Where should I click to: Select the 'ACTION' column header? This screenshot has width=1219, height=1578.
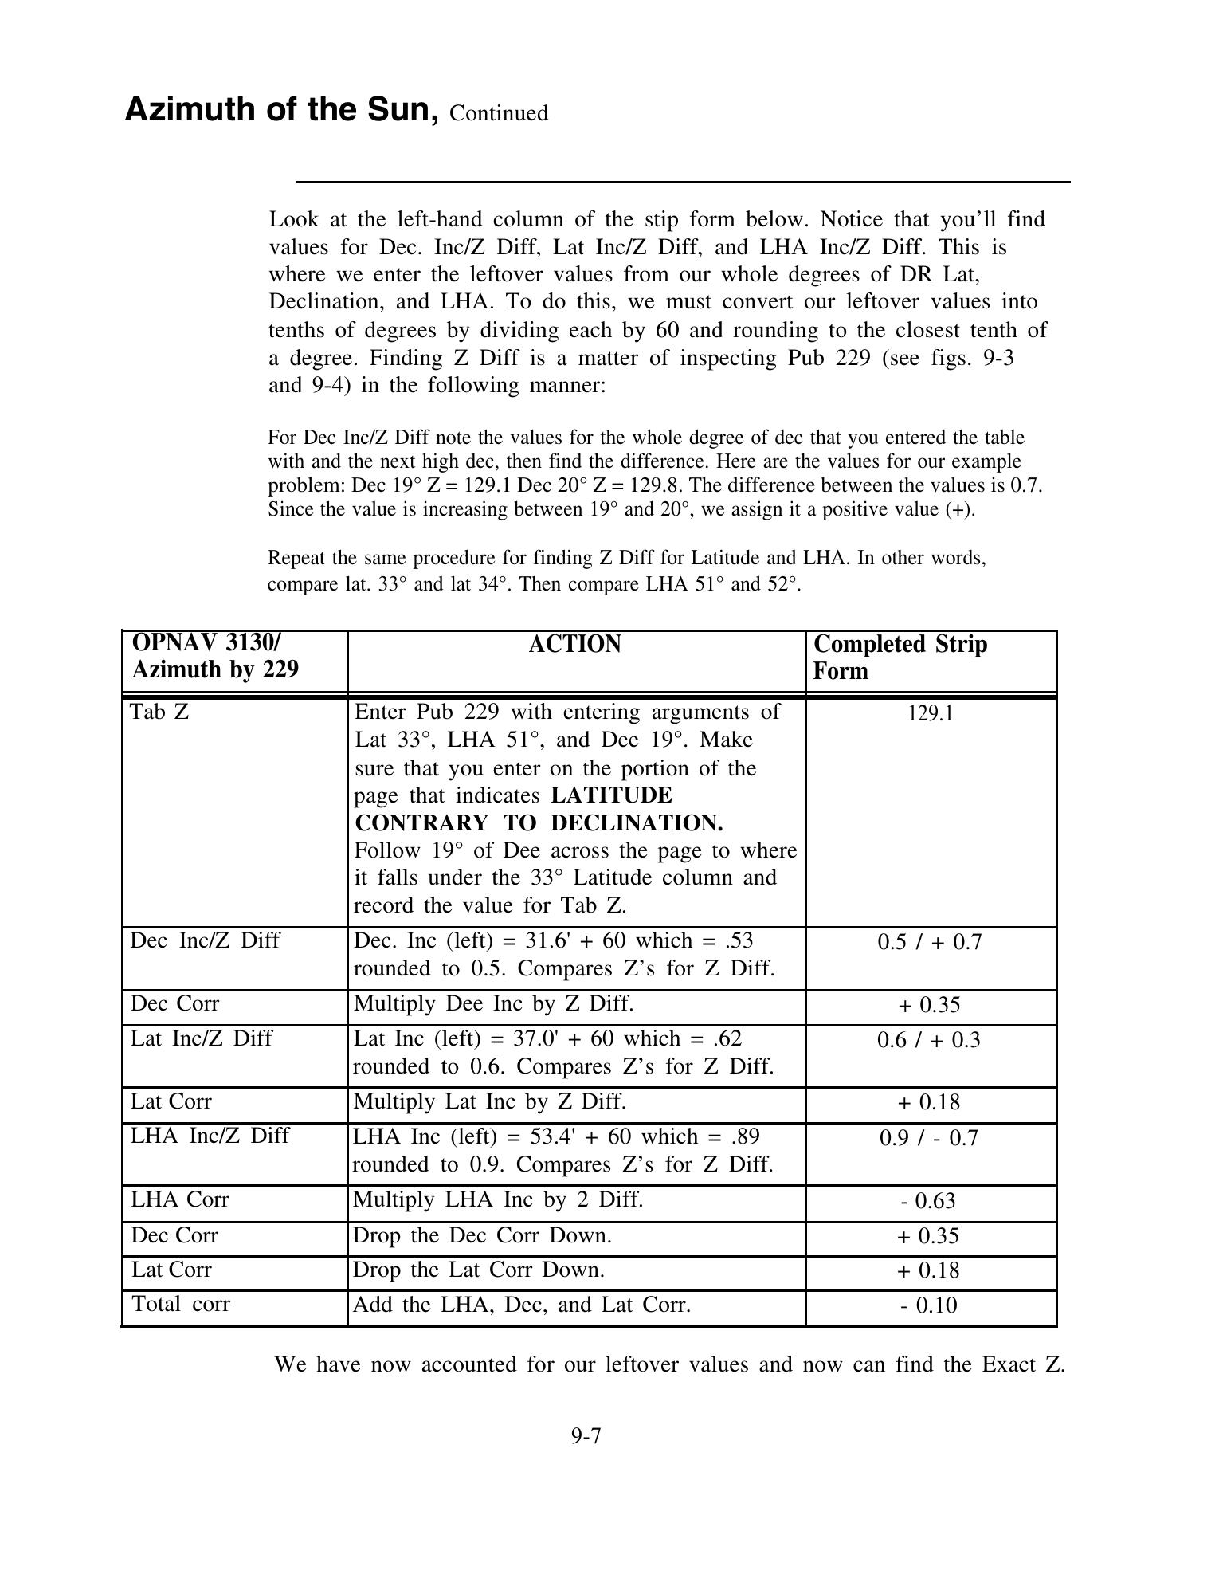(574, 644)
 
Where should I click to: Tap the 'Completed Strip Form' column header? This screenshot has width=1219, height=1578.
(900, 657)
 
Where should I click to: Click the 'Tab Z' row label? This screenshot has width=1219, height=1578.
(159, 711)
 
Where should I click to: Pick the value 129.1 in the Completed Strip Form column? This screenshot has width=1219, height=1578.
(930, 713)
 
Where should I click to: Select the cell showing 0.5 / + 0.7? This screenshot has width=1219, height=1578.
(929, 942)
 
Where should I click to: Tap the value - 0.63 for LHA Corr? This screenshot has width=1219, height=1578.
(928, 1201)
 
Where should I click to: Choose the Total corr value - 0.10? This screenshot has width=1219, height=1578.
(928, 1305)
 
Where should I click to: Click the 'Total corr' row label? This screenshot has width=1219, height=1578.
(181, 1304)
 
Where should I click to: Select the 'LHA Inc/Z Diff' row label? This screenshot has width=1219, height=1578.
(210, 1135)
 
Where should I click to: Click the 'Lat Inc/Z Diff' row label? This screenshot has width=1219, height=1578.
(202, 1038)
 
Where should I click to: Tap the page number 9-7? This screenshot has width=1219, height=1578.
(586, 1436)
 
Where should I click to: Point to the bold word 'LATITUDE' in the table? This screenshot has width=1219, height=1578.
(611, 795)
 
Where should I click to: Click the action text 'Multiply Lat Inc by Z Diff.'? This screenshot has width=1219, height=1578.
(489, 1101)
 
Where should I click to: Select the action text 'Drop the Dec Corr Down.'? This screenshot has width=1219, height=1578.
(482, 1235)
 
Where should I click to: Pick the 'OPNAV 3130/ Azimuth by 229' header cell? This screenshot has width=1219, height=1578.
(215, 657)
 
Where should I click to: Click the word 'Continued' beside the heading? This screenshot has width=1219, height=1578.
(499, 113)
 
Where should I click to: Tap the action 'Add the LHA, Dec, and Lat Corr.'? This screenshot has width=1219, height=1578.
(521, 1305)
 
